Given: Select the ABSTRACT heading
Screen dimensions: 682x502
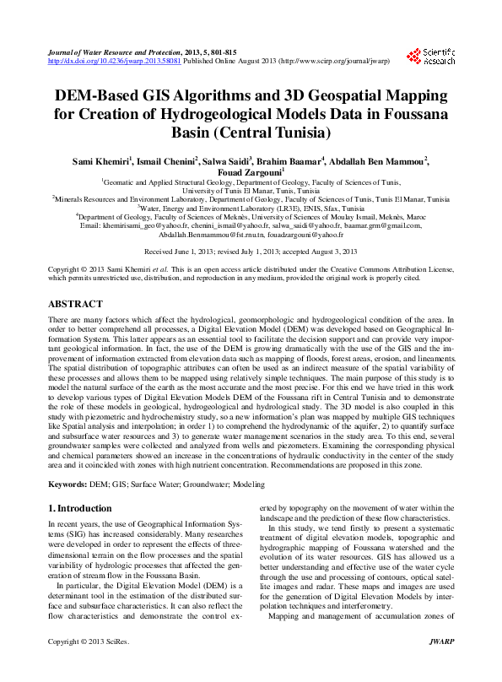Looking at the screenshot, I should [x=76, y=280].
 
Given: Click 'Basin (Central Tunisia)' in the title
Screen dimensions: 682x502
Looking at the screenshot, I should [x=251, y=133].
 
